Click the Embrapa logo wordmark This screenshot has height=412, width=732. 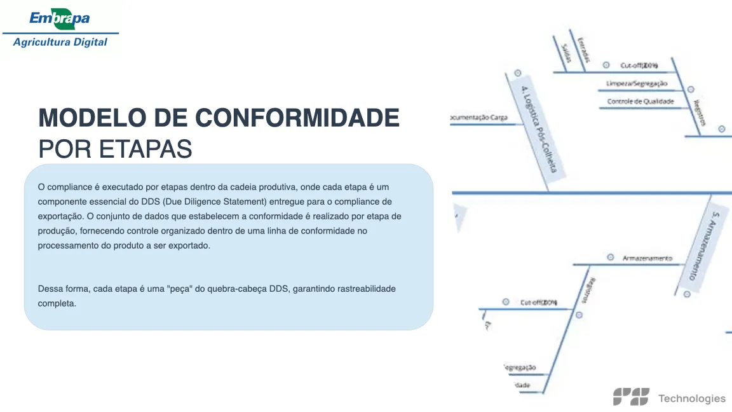point(60,18)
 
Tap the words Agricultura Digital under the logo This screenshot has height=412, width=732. point(60,43)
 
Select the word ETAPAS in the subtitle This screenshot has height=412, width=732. point(146,149)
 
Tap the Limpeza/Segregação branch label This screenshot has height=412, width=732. point(636,83)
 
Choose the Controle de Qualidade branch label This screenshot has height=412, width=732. point(640,101)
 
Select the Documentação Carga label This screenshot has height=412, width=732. point(478,118)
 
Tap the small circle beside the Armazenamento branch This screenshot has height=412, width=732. point(611,257)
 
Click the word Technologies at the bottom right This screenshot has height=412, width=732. point(691,399)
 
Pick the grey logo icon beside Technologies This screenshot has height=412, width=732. point(631,397)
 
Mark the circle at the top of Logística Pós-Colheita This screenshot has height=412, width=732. point(517,73)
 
